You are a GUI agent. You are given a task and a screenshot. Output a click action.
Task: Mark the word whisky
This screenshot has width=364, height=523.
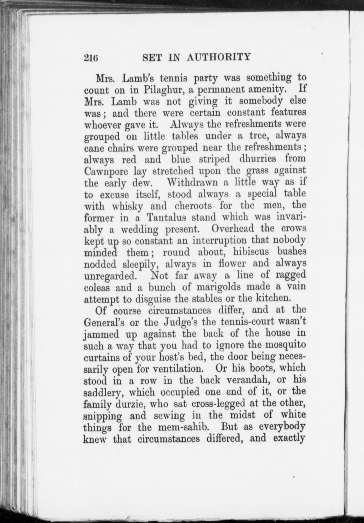(127, 206)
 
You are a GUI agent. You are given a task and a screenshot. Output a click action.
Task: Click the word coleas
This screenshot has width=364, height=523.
(97, 287)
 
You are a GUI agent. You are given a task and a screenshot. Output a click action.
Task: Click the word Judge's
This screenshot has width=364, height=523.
(180, 322)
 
